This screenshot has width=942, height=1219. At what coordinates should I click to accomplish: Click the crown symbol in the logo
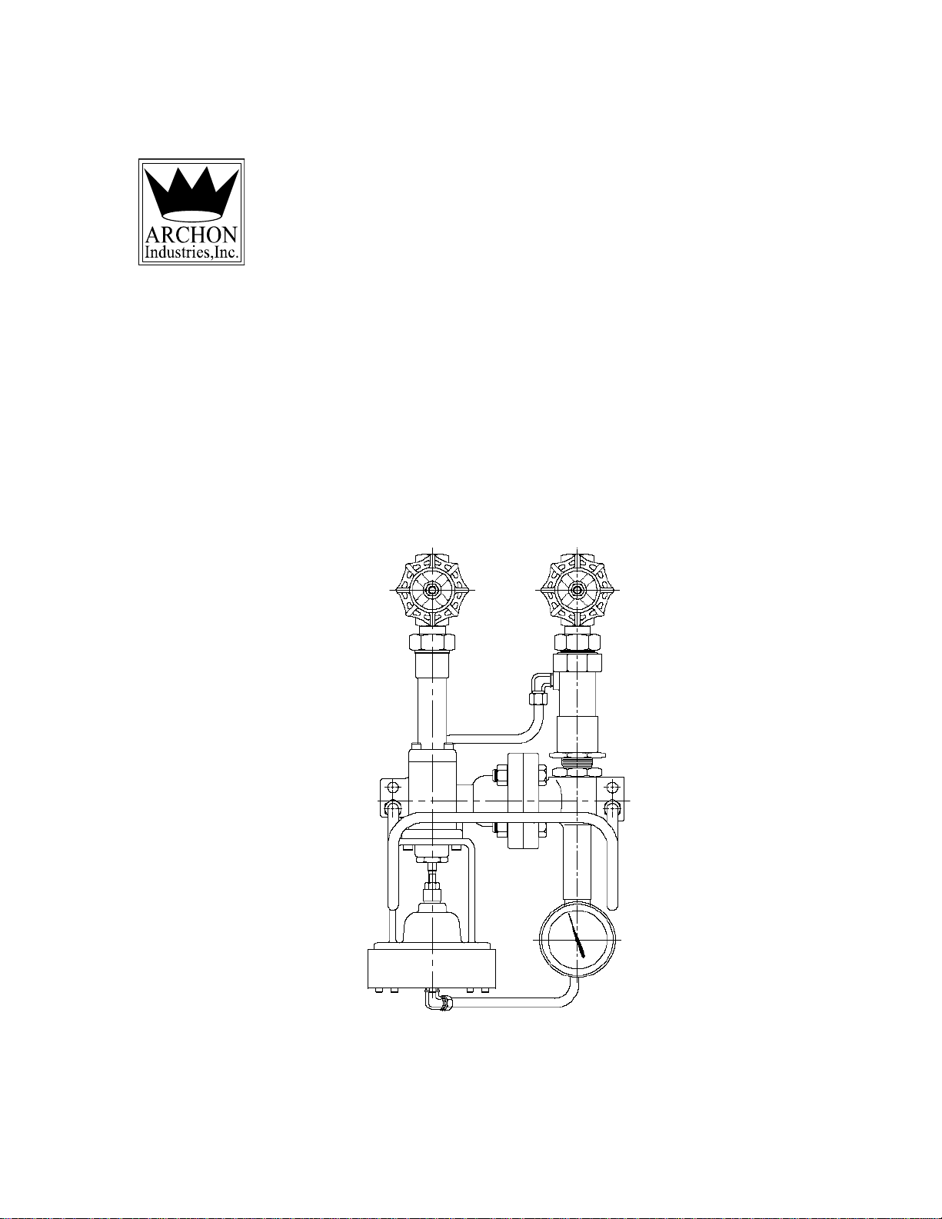[x=191, y=194]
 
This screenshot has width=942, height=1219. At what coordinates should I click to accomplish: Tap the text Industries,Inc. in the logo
[x=191, y=252]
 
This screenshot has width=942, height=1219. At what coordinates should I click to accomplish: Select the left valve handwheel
[x=432, y=590]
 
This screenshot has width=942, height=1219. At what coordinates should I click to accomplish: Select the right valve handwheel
[x=577, y=590]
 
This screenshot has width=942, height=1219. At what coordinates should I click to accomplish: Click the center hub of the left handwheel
[x=432, y=590]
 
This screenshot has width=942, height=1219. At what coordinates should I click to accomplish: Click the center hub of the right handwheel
[x=577, y=590]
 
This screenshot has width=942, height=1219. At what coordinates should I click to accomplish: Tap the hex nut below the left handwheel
[x=432, y=641]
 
